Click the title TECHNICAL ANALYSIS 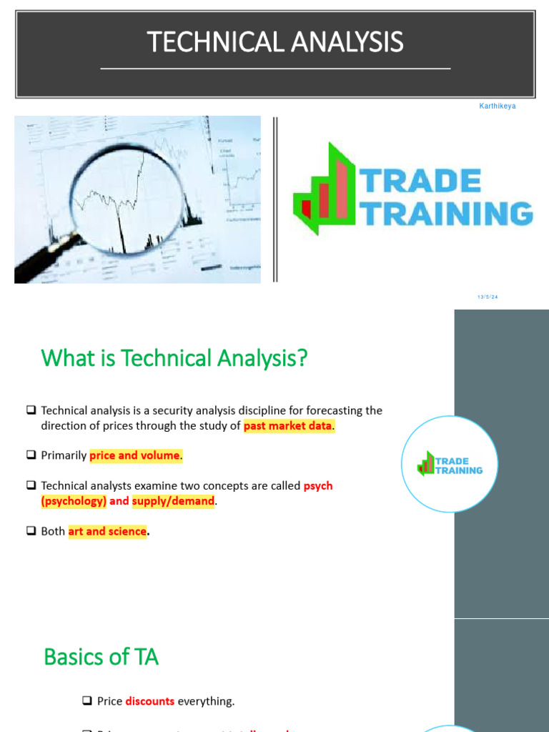point(275,43)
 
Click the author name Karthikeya point(497,107)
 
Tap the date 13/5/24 point(488,297)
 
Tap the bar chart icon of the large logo point(325,190)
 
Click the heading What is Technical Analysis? point(175,358)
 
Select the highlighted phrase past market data point(288,426)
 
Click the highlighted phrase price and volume point(135,455)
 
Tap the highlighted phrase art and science point(107,532)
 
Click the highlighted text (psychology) point(74,501)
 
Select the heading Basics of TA point(101,656)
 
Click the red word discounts point(150,701)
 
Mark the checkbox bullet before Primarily point(31,455)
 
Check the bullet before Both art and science point(31,532)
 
